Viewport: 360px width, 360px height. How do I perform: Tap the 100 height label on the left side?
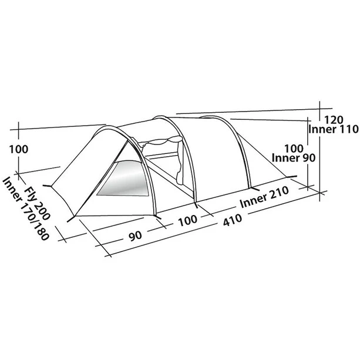pos(19,149)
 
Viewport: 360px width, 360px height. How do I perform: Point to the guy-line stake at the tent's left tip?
pos(52,187)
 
